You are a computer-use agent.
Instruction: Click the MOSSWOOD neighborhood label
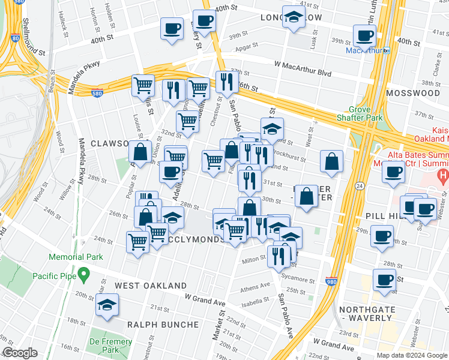413,93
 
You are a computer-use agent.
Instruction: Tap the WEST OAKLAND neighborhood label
151,286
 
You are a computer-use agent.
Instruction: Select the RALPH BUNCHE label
163,325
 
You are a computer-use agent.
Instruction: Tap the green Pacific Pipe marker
84,276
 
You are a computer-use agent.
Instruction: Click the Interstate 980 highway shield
331,281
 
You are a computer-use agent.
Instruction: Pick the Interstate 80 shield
14,38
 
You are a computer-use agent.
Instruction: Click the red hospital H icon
443,176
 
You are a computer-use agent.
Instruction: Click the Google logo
20,353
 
